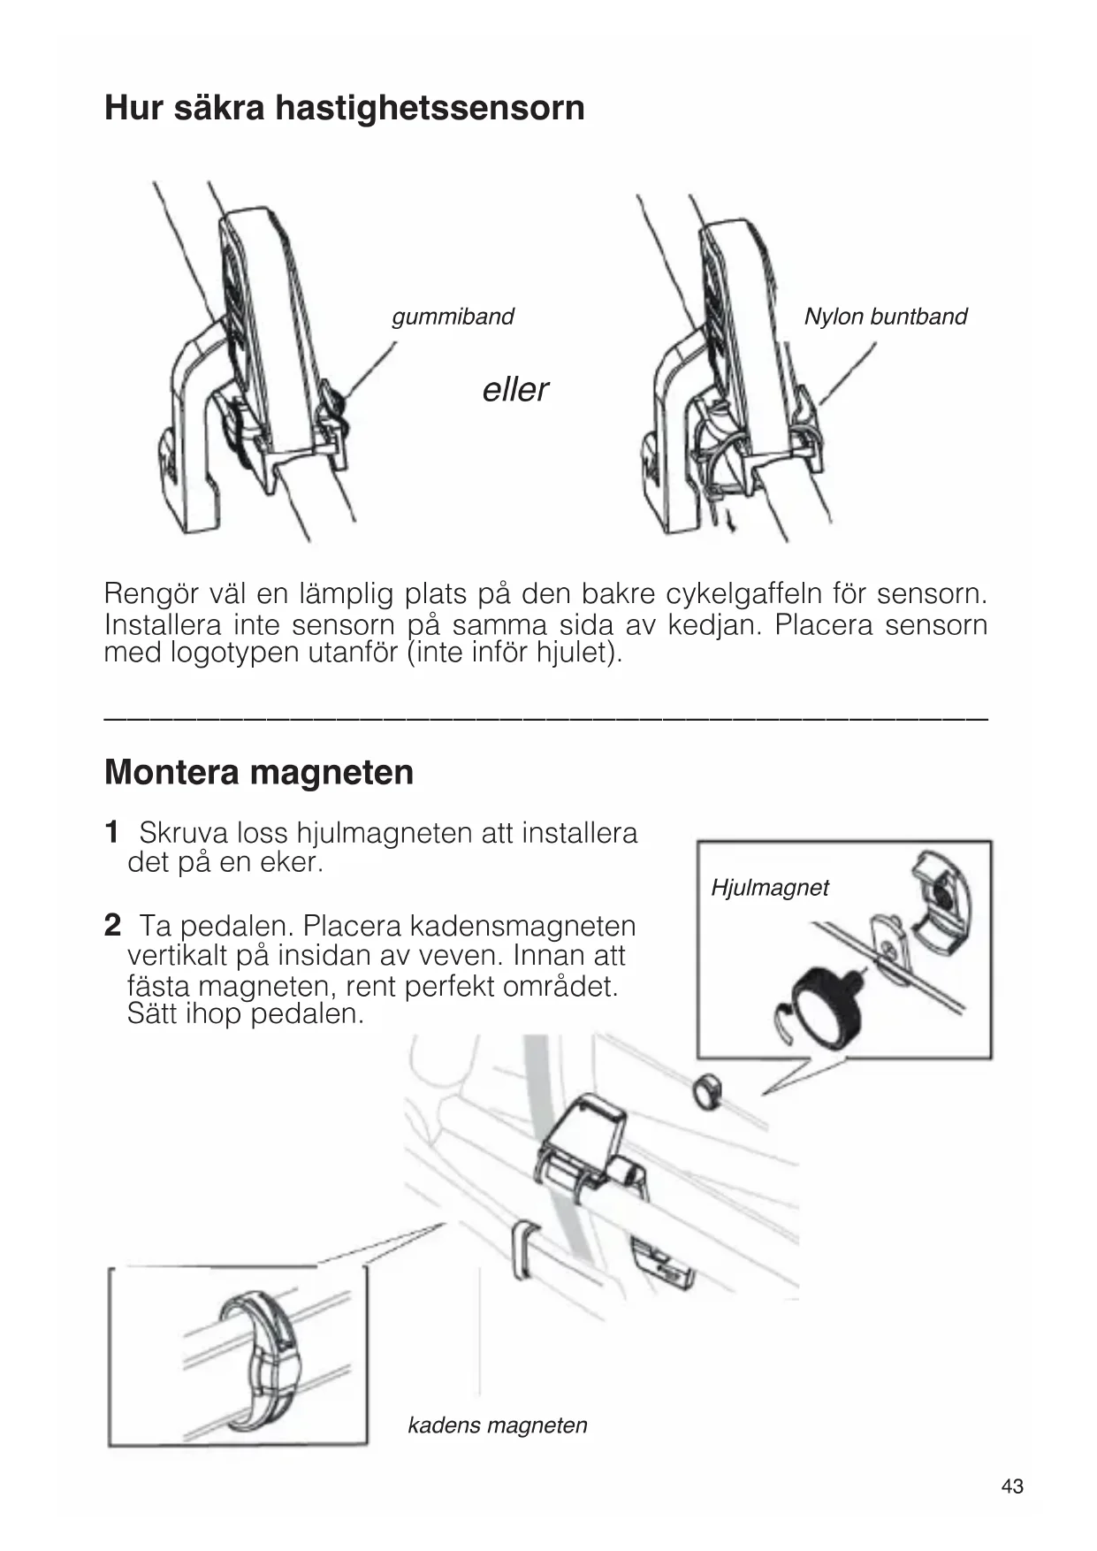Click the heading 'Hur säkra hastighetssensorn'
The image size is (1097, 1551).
coord(344,108)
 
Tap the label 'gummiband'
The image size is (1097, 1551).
coord(453,317)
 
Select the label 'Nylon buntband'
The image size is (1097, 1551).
coord(885,317)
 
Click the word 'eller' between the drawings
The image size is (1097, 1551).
coord(515,389)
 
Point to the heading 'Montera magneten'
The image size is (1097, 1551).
coord(259,772)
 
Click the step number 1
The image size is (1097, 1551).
coord(111,832)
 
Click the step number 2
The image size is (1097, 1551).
coord(112,926)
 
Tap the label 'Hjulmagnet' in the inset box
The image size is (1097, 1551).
coord(769,888)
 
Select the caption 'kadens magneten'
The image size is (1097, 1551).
coord(497,1425)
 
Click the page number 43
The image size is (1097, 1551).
coord(1012,1486)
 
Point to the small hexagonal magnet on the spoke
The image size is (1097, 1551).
coord(705,1091)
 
